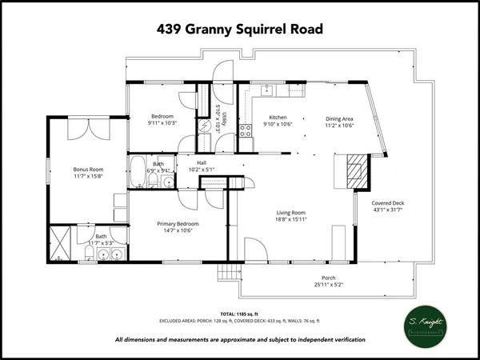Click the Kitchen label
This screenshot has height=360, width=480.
point(278,118)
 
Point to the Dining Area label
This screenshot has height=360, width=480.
point(339,118)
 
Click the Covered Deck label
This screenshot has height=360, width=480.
point(388,203)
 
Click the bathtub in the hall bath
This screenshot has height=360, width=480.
point(138,170)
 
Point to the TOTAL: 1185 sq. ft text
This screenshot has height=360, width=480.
point(239,313)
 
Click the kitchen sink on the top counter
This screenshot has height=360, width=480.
point(270,89)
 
